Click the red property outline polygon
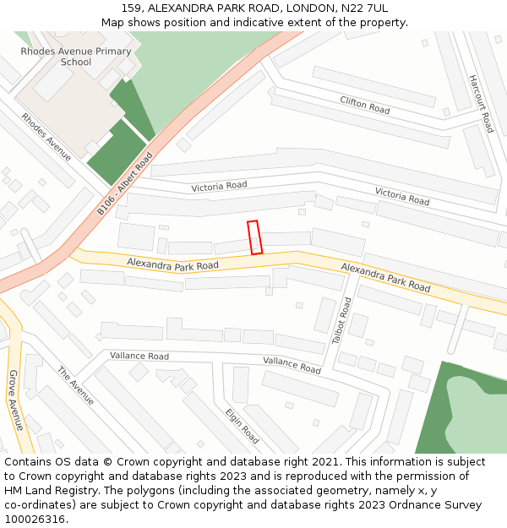[x=254, y=237]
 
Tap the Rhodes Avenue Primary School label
[x=76, y=57]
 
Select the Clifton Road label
[x=364, y=106]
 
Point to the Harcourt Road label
[x=481, y=104]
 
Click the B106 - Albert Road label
[x=124, y=183]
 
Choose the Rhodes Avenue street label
[x=46, y=137]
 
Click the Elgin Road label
[x=242, y=426]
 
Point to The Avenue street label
[x=76, y=385]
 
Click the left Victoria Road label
[x=219, y=186]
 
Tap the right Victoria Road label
[x=402, y=196]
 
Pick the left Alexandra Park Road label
[x=172, y=264]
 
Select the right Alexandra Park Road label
[x=385, y=276]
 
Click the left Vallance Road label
[x=139, y=357]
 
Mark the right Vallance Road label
[x=292, y=365]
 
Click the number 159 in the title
[x=132, y=8]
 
